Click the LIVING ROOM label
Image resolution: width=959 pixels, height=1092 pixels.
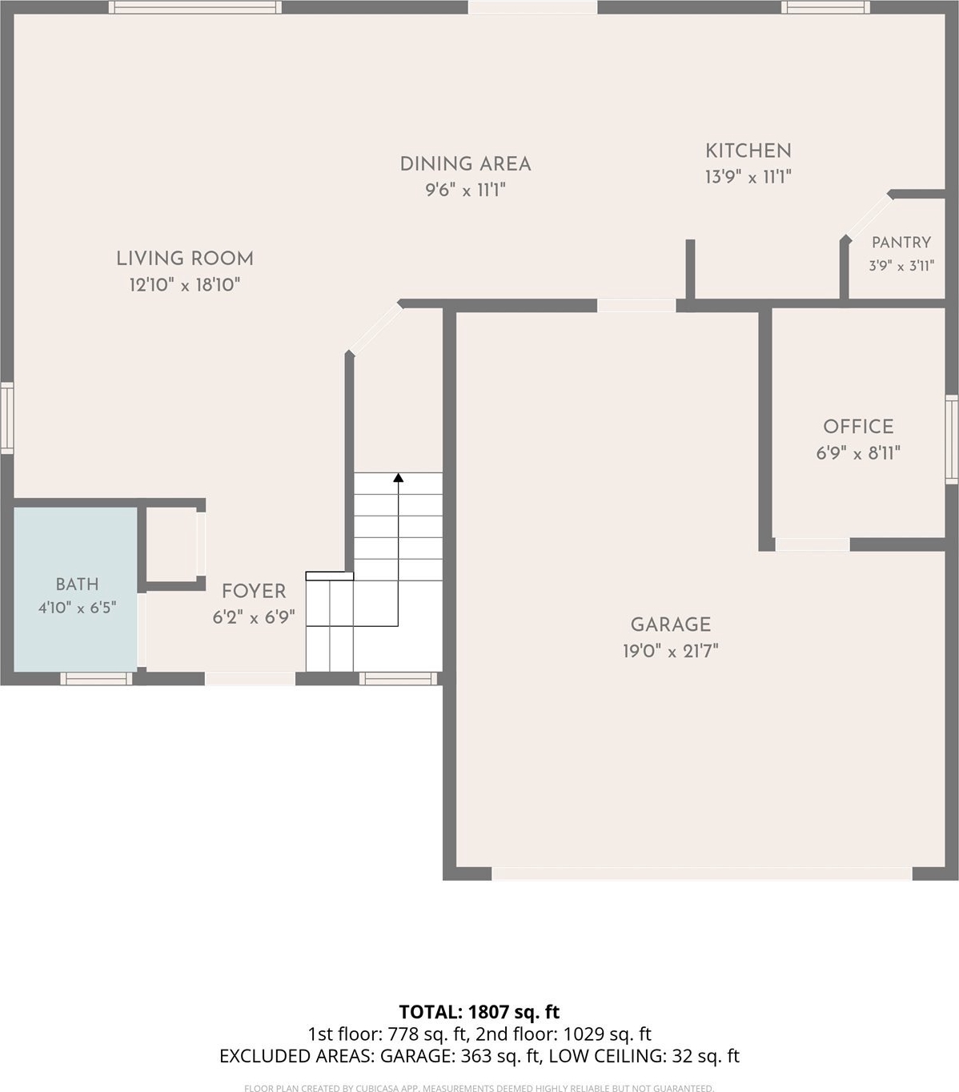(185, 259)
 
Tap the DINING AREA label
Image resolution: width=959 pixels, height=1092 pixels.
(465, 164)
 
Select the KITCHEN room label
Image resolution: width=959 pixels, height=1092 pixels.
(748, 151)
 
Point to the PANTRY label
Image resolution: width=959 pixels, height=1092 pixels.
(901, 243)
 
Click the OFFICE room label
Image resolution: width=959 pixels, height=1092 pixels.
(858, 427)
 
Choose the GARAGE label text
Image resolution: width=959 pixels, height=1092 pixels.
(671, 624)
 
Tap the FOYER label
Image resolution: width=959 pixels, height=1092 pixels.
(254, 592)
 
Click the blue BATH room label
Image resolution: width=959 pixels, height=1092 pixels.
(77, 584)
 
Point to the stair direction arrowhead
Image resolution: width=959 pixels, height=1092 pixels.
(399, 477)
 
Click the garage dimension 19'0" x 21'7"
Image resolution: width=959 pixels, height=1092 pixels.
(671, 651)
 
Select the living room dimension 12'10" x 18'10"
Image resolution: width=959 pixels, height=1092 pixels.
(184, 284)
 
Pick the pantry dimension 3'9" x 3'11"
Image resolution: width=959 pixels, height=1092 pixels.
(901, 266)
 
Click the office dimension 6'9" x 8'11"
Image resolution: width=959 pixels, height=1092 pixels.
(858, 453)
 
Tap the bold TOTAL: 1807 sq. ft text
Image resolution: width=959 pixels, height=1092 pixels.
(479, 1012)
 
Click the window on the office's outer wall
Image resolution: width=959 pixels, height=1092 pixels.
(952, 440)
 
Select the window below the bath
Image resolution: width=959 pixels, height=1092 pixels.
(96, 679)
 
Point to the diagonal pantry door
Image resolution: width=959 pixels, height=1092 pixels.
(868, 217)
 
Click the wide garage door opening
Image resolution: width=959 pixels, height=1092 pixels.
(702, 873)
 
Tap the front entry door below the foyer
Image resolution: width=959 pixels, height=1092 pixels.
(250, 679)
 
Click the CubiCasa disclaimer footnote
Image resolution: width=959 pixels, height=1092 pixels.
(479, 1088)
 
